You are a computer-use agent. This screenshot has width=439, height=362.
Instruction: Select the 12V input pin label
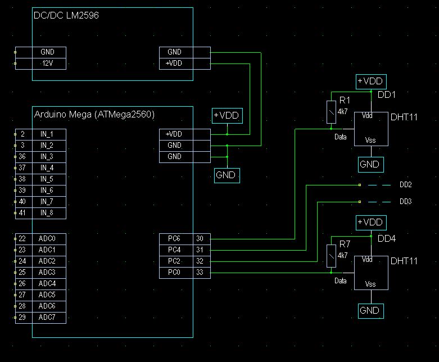tap(47, 63)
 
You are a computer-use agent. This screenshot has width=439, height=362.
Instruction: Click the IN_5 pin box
tap(47, 179)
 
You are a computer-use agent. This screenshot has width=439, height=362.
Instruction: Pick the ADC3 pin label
tap(47, 272)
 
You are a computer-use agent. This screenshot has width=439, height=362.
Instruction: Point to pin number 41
tap(22, 213)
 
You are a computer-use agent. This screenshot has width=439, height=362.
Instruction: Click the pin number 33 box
tap(200, 273)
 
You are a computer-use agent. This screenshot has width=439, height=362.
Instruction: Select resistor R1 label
tap(345, 100)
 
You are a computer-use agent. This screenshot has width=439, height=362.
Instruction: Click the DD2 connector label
tap(406, 185)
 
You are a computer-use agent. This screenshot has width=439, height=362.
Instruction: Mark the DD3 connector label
tap(406, 201)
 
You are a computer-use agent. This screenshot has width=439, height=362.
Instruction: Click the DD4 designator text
tap(387, 239)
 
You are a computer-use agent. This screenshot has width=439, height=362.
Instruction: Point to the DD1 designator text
tap(387, 94)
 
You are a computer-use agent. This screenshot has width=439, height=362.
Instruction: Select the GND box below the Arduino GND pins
tap(227, 175)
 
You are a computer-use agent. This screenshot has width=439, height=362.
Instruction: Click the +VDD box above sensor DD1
tap(371, 82)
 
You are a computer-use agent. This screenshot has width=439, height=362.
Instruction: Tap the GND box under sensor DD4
tap(370, 311)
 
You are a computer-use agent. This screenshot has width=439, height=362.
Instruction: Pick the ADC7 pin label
tap(47, 318)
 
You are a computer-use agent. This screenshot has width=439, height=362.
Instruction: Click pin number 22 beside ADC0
tap(22, 238)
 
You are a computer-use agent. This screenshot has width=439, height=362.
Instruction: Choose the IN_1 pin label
tap(47, 134)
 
